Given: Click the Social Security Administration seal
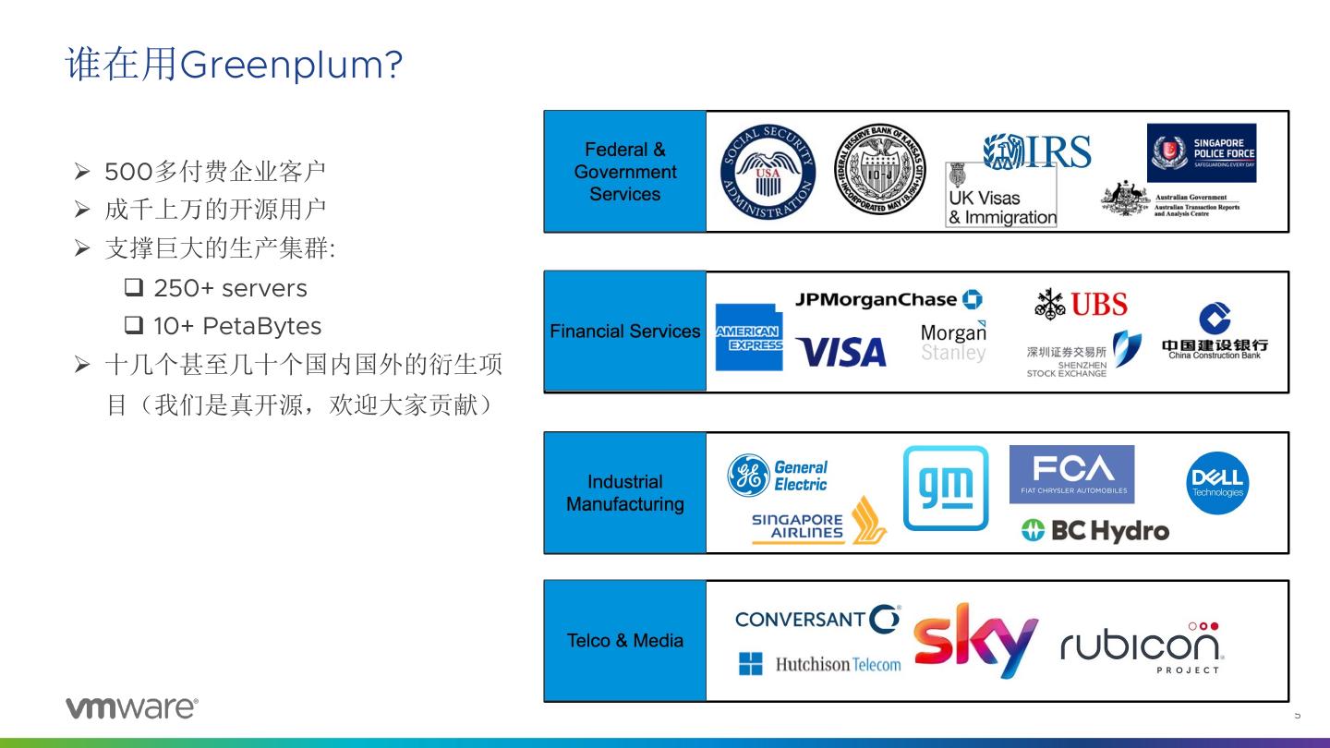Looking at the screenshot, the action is pos(768,173).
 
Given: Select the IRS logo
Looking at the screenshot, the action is pos(1037,151).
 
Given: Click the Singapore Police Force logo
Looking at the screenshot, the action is pos(1202,153).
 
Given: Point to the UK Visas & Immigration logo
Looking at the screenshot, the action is pos(1001,197).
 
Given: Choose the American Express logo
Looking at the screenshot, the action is pos(748,338).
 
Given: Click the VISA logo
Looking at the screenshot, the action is pos(840,352).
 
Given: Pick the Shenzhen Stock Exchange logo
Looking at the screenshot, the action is pos(1077,354).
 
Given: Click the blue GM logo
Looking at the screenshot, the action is pos(945,488).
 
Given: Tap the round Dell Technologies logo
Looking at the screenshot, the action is pos(1217,482).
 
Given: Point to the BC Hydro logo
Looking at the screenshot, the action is pos(1095,530).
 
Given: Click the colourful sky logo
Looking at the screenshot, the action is pos(975,639).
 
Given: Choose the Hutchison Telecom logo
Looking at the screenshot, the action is pos(819,664).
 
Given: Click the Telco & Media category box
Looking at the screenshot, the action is pos(625,641).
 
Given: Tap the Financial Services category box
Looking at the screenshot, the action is pos(625,332).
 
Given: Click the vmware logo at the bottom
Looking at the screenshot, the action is pos(131,707).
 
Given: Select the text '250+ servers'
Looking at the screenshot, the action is pos(229,288).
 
